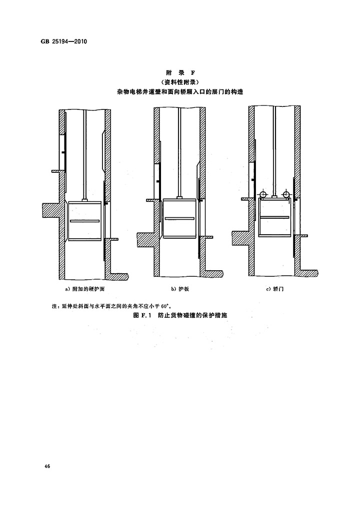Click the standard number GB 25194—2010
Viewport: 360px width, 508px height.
[x=64, y=42]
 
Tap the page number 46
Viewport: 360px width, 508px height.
[x=47, y=466]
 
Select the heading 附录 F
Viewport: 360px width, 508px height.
[x=180, y=73]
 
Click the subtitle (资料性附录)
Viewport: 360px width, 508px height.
[x=180, y=82]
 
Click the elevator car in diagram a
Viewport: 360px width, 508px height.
[x=84, y=221]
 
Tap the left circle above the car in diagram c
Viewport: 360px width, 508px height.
[x=262, y=195]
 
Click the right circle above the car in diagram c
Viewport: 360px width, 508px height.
[x=285, y=195]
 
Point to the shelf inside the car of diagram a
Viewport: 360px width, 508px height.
[x=84, y=221]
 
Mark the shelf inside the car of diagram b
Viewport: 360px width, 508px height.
[x=179, y=218]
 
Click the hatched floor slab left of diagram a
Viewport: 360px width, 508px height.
[x=50, y=210]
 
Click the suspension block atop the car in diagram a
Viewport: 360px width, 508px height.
[x=84, y=200]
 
